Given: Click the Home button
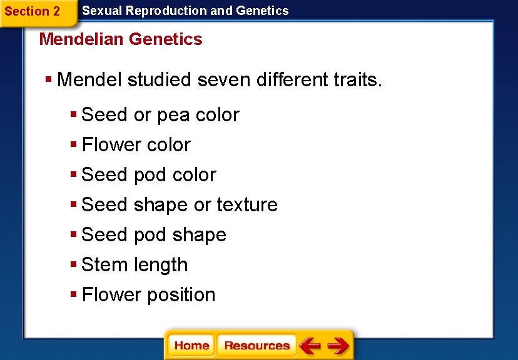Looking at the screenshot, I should coord(191,346).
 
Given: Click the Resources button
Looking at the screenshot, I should coord(256,346).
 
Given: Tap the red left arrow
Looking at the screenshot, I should coord(310,346).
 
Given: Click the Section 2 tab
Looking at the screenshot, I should coord(33,11).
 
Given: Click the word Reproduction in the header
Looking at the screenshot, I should coord(157,11).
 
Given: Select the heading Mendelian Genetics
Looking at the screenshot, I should coord(121,39).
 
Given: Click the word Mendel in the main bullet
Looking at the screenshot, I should coord(89,80).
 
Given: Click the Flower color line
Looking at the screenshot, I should coord(136,145).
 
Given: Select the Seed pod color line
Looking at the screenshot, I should coord(148,175).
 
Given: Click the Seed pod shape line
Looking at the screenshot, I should coord(154,235).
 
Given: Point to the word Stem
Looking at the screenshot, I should coord(104,265).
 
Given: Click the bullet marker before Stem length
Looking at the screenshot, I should coord(74,265).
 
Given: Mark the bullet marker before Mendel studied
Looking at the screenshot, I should coord(49,80).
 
